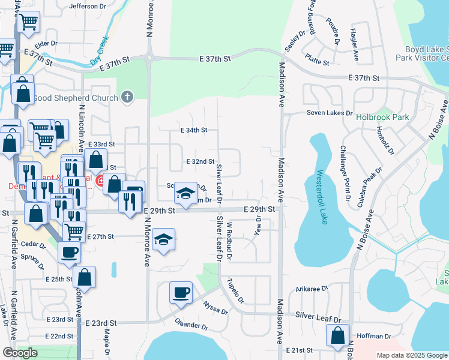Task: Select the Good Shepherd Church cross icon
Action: (x=127, y=97)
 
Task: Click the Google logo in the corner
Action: (x=20, y=353)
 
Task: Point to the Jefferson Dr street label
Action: (x=88, y=7)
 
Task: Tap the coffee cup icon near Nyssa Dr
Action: (x=181, y=293)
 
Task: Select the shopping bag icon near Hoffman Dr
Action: (x=337, y=335)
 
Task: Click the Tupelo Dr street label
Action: (x=234, y=291)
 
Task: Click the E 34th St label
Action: (x=194, y=130)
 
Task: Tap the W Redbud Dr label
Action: (x=229, y=241)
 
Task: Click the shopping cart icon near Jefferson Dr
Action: (x=28, y=22)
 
